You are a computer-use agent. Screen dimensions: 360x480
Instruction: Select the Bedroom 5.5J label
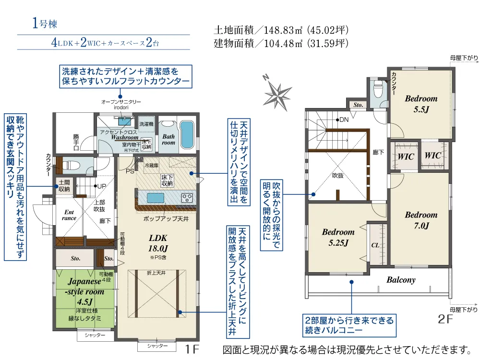pos(421,104)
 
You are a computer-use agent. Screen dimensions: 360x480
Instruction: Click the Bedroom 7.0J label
pos(421,220)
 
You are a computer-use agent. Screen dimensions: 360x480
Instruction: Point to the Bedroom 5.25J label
pos(338,237)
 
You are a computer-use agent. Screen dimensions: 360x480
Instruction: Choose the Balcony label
pos(401,280)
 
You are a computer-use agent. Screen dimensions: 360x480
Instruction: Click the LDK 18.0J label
pos(158,243)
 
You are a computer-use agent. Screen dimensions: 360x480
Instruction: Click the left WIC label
pos(406,156)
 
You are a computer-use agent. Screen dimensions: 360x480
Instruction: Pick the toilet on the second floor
pos(378,89)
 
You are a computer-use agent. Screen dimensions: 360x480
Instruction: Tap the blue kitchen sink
pos(156,198)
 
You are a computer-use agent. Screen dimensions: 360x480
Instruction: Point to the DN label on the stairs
pos(343,120)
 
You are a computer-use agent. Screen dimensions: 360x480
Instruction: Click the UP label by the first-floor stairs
pos(101,186)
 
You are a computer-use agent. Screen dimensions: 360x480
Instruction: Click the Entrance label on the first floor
pos(70,214)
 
